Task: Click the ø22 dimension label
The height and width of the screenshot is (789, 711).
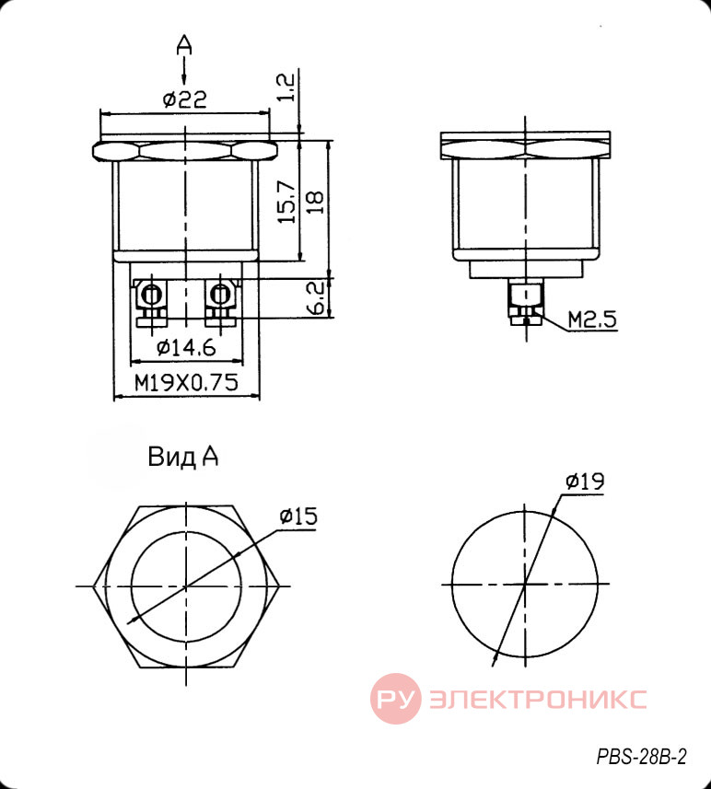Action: click(185, 99)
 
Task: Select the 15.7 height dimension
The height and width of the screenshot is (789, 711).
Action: click(286, 202)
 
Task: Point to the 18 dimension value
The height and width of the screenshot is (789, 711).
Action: click(314, 203)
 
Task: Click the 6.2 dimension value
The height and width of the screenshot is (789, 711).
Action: click(315, 298)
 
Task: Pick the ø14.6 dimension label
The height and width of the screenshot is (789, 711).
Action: click(186, 347)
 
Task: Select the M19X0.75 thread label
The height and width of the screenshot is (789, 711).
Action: click(186, 383)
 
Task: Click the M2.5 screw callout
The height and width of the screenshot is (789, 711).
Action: click(591, 319)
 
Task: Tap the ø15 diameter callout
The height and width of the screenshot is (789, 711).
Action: click(298, 516)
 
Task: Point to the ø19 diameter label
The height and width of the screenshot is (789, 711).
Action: click(585, 482)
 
